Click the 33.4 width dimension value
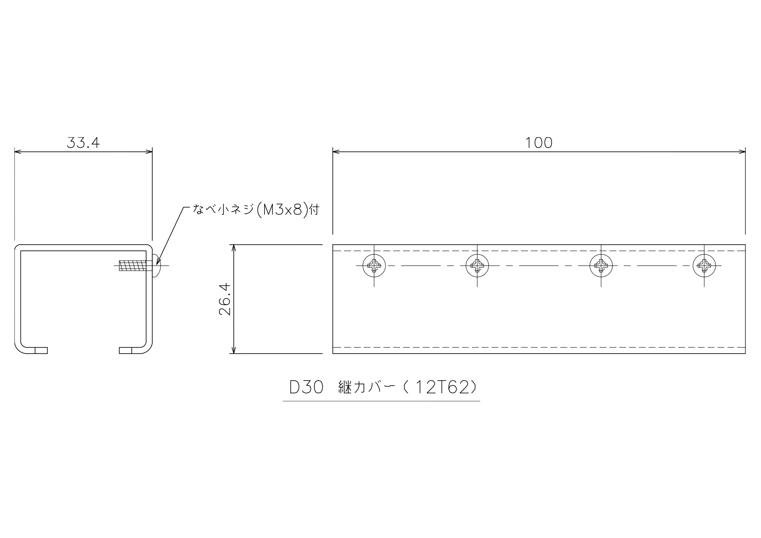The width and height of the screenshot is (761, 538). (x=83, y=143)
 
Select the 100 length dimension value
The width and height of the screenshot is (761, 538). (x=539, y=143)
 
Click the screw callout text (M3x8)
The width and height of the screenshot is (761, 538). (x=282, y=210)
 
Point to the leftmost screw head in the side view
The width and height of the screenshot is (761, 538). (x=374, y=265)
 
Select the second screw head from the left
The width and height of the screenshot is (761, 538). (x=477, y=265)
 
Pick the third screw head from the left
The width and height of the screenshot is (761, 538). (x=601, y=265)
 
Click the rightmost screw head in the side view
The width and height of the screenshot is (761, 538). (x=704, y=265)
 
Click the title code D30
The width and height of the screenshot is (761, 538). (x=307, y=387)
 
